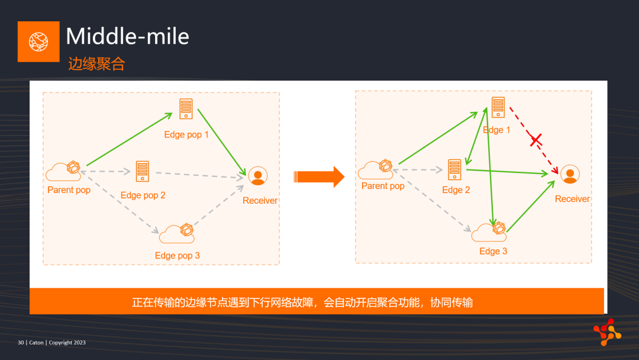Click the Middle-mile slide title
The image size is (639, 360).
pos(128,36)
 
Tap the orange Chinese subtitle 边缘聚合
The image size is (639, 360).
pos(96,64)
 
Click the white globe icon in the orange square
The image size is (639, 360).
pos(38,41)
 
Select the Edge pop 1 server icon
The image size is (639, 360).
pos(186,109)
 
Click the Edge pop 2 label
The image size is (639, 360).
pos(143,195)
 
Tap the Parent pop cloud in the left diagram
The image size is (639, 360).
pos(63,171)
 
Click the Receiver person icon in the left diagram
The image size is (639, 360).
pos(258,176)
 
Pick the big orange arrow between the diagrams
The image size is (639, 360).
pos(319,176)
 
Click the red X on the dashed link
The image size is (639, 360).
pos(536,140)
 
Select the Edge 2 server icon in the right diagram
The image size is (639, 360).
pos(454,169)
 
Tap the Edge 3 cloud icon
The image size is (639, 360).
pos(489,232)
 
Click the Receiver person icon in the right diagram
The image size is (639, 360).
pos(570,174)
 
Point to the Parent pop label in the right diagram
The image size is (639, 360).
pos(383,186)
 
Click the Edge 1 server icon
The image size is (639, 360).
pos(498,107)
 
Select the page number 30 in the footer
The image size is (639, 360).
pos(21,342)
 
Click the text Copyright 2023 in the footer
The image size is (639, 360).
pos(67,342)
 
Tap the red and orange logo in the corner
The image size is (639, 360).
pos(607,332)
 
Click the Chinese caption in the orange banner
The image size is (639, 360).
pos(302,303)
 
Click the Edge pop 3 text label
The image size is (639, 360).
pos(177,256)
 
